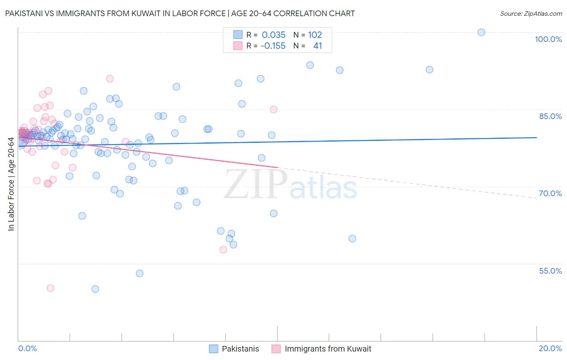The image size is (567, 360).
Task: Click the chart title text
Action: pos(180,13)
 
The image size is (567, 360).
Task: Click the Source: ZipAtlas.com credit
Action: pos(531,13)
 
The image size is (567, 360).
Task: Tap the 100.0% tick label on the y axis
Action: pos(548,39)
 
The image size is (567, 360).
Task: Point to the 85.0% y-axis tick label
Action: pos(550,116)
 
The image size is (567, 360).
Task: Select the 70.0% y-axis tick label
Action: pos(550,193)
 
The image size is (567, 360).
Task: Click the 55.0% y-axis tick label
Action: pos(550,271)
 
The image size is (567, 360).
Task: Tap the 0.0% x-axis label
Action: pos(27,348)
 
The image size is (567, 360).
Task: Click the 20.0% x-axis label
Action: pos(550,348)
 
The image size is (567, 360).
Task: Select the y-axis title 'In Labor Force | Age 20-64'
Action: pos(11,184)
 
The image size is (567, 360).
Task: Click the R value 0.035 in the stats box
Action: pos(273,35)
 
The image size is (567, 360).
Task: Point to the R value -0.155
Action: pos(273,46)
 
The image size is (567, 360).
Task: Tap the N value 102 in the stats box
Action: pos(315,35)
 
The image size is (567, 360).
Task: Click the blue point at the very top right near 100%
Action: pos(481,32)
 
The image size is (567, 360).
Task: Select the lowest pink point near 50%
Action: pos(50,288)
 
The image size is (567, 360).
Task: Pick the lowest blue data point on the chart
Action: pos(95,289)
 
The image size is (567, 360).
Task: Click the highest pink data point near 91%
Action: pos(110,79)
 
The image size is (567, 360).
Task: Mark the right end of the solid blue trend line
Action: pos(536,138)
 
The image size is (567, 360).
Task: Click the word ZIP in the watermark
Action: pos(256,184)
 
